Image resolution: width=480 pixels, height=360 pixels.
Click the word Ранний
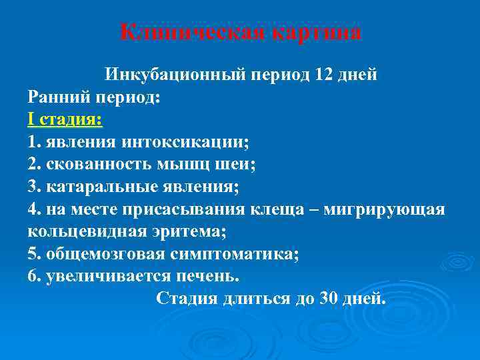58,97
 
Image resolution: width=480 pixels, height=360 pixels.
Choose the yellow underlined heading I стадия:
65,120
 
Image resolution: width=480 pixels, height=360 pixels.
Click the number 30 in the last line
329,298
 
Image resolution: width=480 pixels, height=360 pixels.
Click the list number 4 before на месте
33,209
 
